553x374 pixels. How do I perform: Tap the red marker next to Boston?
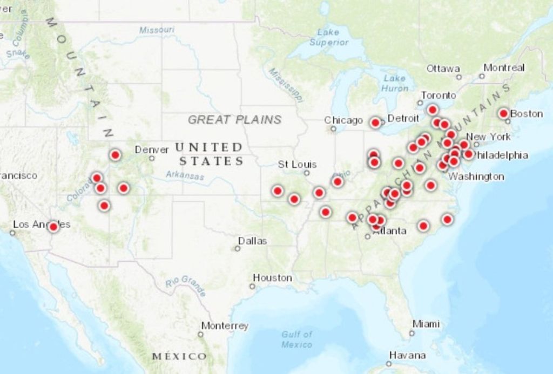tap(503, 113)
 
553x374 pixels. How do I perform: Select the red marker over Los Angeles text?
tap(53, 227)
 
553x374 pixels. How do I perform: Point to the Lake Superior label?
tap(329, 37)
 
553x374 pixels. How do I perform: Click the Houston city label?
tap(272, 278)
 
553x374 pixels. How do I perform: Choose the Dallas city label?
tap(252, 241)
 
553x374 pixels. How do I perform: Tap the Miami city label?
tap(426, 324)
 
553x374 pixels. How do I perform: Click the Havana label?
tap(407, 356)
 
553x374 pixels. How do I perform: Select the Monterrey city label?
tap(225, 326)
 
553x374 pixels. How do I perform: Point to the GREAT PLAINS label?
tap(234, 119)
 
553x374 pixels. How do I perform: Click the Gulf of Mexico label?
tap(296, 339)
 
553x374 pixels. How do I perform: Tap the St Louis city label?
tap(297, 164)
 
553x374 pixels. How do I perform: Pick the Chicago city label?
tap(343, 120)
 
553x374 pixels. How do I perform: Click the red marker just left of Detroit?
tap(375, 123)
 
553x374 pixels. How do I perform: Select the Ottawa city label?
tap(443, 69)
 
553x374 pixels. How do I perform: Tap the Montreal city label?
tap(504, 67)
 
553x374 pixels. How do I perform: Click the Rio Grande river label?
tap(186, 285)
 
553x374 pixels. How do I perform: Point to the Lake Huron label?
tap(394, 83)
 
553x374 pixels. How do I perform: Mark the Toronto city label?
tap(438, 95)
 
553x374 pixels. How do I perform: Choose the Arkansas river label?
tap(185, 175)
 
